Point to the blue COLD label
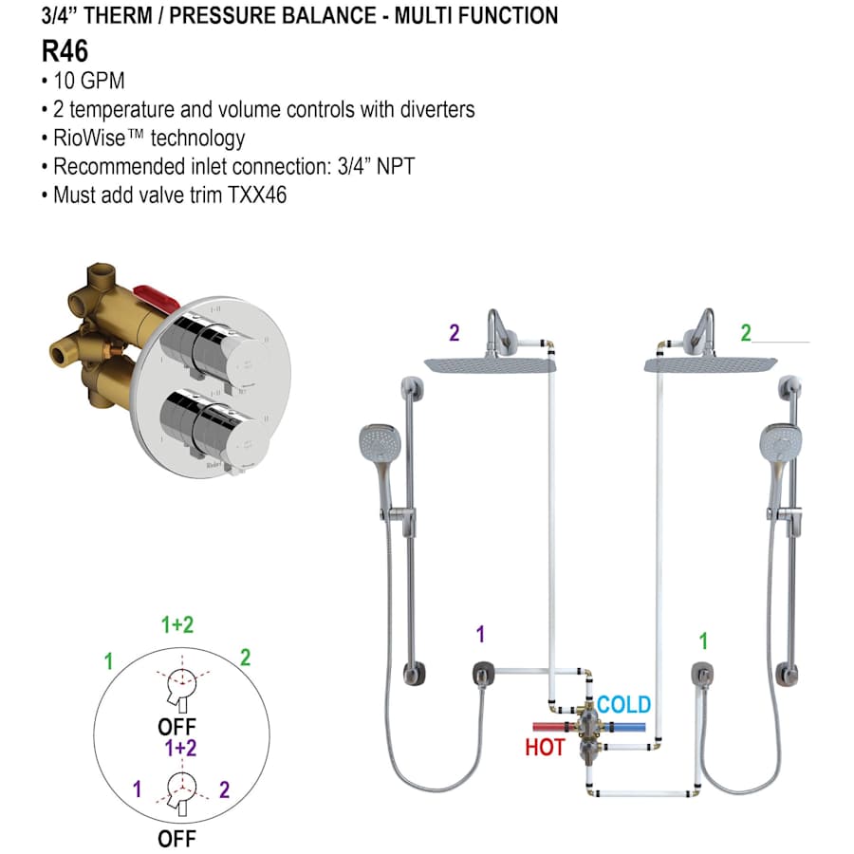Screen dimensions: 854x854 [623, 705]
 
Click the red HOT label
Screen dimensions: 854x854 [545, 747]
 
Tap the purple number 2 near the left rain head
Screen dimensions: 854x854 [455, 333]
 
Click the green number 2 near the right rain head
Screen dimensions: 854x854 [746, 333]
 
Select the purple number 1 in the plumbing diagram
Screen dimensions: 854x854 [481, 635]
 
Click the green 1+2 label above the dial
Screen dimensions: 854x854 [177, 624]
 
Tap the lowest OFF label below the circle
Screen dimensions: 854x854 [176, 839]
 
